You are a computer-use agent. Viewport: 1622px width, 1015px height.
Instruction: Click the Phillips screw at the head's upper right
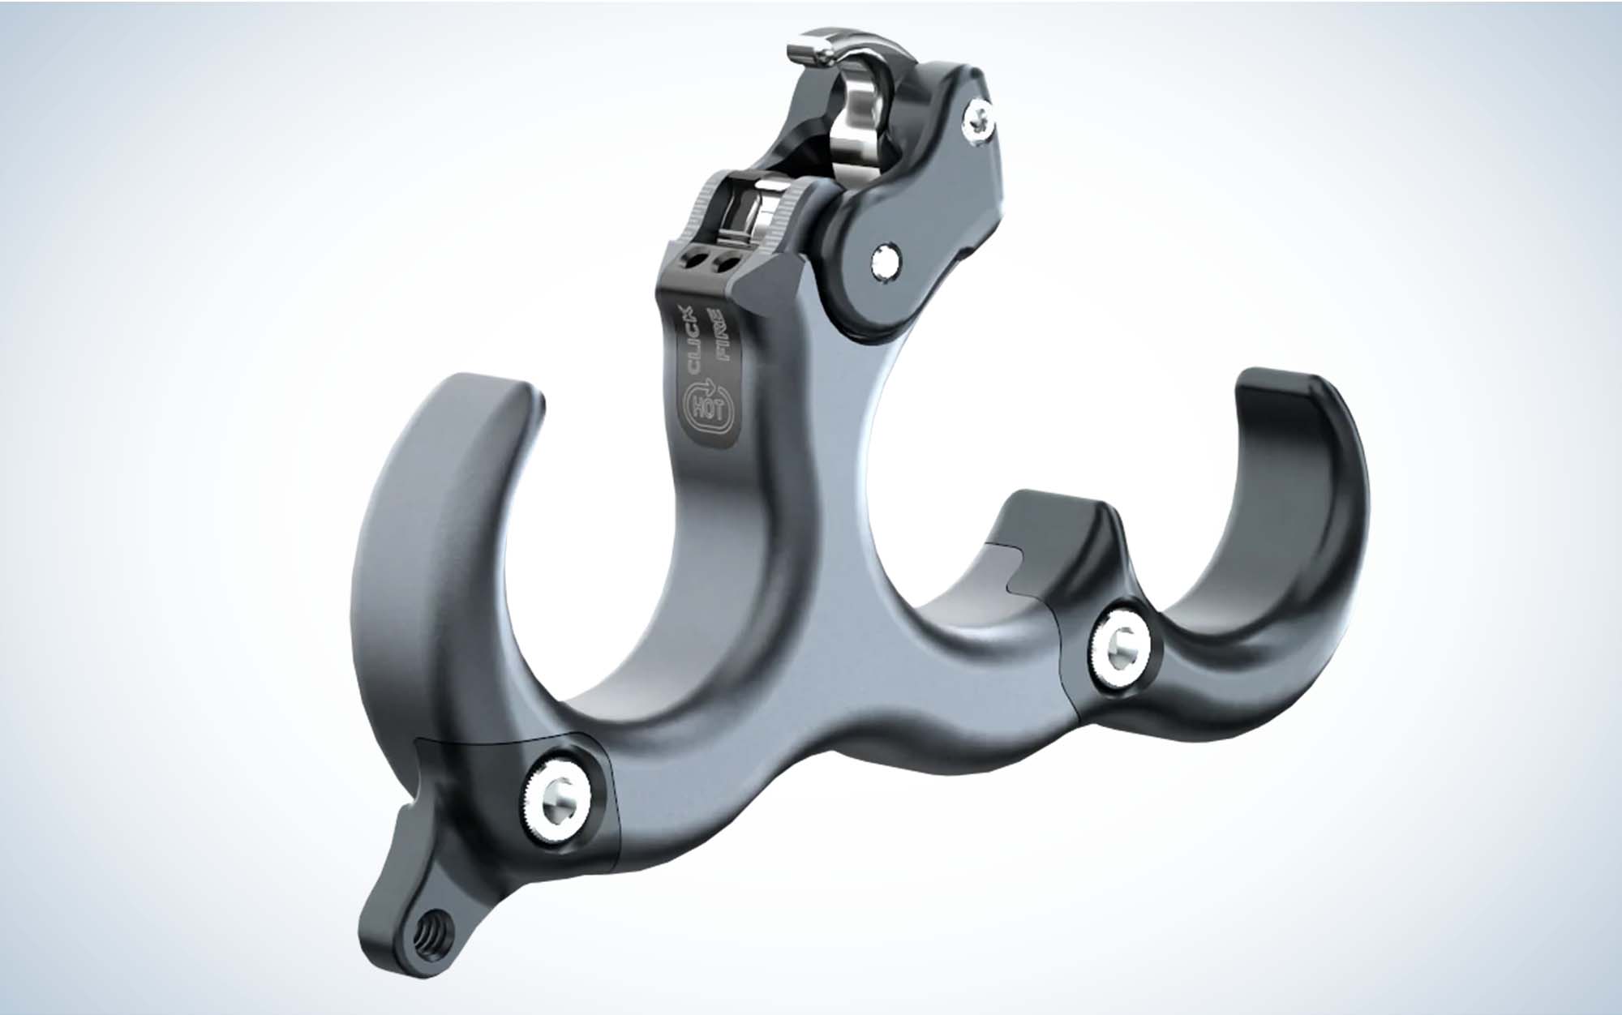pyautogui.click(x=976, y=118)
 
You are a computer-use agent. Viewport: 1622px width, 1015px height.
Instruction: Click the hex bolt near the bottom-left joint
pyautogui.click(x=559, y=791)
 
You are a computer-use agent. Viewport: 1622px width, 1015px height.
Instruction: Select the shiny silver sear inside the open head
pyautogui.click(x=852, y=130)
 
